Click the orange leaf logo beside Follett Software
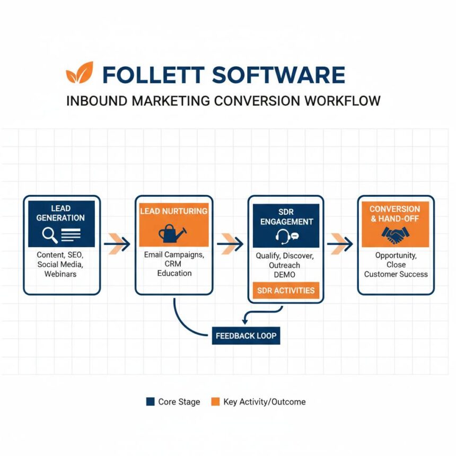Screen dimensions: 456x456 click(x=80, y=73)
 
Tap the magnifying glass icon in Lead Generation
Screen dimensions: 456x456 click(x=50, y=233)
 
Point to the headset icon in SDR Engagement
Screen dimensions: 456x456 click(x=283, y=236)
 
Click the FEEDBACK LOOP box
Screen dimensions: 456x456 click(x=246, y=336)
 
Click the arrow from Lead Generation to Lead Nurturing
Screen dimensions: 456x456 click(x=118, y=244)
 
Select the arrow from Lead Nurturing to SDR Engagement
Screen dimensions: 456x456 click(x=230, y=244)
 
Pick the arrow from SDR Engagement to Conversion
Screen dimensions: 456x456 click(x=340, y=244)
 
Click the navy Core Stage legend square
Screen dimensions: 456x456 click(x=150, y=402)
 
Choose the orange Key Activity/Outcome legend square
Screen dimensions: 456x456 click(x=215, y=402)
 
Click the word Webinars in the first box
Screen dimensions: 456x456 click(x=60, y=274)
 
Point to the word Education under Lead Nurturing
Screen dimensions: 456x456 click(x=174, y=273)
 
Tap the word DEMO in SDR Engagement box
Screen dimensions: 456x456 click(x=285, y=275)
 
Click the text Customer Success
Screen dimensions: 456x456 click(x=396, y=274)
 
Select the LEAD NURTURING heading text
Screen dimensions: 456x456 click(x=174, y=211)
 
